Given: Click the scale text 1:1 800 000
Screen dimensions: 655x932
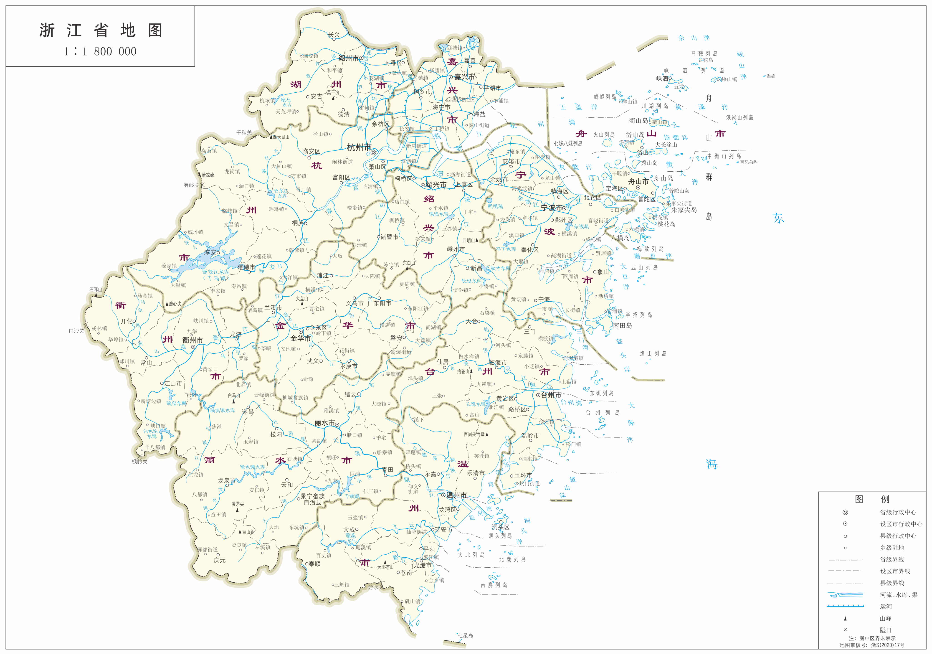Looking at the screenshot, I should pos(100,52).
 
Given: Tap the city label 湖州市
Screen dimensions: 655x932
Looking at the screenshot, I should pos(348,58).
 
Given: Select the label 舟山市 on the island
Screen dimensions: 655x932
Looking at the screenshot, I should pos(638,182).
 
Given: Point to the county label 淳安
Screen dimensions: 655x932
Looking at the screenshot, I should pos(210,252).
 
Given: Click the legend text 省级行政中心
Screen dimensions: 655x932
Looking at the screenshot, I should pos(898,512).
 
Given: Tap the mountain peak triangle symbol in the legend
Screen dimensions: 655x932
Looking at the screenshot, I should pos(845,618).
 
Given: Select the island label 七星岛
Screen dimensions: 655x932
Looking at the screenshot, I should pos(466,635).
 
